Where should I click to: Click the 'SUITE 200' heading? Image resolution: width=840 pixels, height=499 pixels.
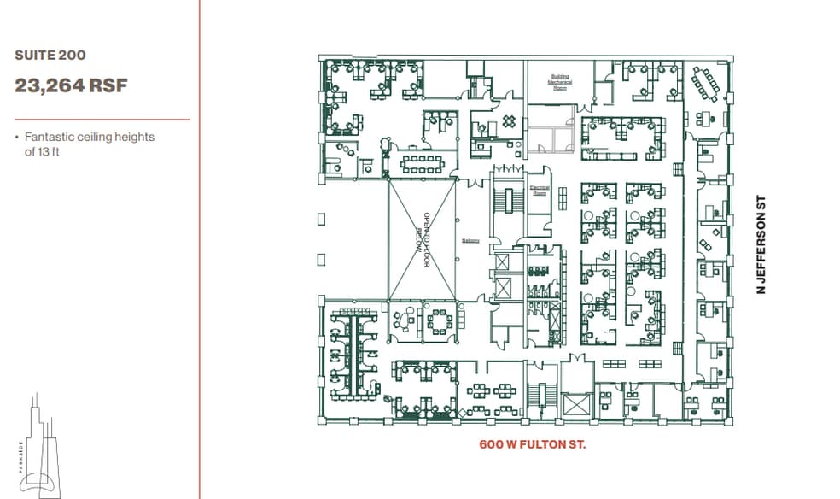pos(50,56)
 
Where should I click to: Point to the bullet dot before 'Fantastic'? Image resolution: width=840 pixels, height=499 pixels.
pos(17,137)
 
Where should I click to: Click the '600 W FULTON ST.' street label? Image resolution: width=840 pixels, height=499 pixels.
pos(532,444)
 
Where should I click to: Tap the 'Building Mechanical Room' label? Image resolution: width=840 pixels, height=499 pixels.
pos(560,82)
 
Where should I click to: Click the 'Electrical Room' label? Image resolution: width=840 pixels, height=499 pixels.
pos(539,191)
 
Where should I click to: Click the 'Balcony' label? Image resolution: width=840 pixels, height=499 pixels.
pos(470,240)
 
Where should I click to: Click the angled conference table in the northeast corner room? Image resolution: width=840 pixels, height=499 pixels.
pos(705,84)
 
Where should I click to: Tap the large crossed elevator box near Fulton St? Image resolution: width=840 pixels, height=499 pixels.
pos(577,405)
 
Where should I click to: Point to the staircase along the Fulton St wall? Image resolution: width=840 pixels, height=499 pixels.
pos(539,397)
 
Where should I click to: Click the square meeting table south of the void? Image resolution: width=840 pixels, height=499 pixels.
pos(440,320)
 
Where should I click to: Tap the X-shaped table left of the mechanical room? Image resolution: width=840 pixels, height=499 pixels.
pos(510,121)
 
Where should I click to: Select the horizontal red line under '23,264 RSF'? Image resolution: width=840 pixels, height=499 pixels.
pos(102,120)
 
